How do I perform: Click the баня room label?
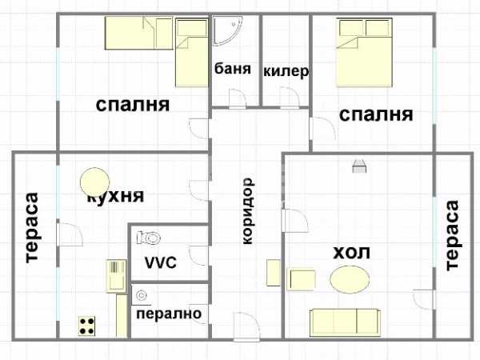point(233,69)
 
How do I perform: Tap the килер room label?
point(286,71)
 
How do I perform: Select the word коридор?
point(248,211)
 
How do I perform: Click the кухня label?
point(116,196)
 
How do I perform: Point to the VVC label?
point(161,262)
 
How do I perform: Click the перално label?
point(169,314)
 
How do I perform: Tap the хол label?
point(351,253)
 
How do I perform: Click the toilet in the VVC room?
point(149,238)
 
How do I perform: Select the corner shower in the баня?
point(228,31)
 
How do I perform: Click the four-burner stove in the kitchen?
point(86,326)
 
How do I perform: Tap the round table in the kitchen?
point(94,182)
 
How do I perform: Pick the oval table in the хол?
point(350,279)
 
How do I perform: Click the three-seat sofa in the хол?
point(345,323)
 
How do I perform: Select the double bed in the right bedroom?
point(364,53)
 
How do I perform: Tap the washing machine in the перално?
point(142,295)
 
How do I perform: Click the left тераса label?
point(32,228)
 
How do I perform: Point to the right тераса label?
point(453,235)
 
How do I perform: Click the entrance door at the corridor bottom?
point(246,326)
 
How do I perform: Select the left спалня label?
point(133,105)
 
